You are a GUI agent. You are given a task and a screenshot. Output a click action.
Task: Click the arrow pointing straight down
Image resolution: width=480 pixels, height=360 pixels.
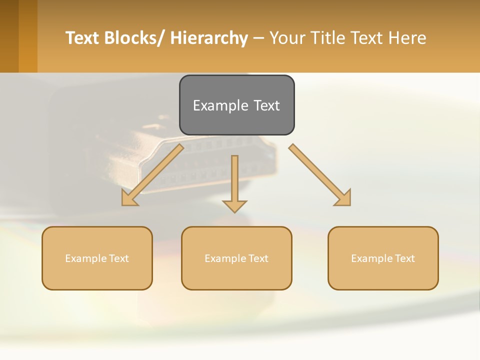click(234, 182)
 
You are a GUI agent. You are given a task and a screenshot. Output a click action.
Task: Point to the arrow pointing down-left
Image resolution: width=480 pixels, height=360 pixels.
click(152, 175)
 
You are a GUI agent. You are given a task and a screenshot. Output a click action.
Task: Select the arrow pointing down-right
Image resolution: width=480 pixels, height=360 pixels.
click(320, 175)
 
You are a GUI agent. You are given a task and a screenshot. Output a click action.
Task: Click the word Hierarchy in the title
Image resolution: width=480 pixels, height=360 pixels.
click(209, 38)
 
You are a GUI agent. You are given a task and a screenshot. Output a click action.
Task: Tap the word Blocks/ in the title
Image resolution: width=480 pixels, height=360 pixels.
click(136, 38)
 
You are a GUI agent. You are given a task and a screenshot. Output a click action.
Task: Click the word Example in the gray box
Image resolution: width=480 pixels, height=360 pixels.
click(220, 105)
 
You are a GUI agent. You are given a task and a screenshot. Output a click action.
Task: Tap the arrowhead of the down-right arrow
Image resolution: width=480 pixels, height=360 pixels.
click(343, 198)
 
